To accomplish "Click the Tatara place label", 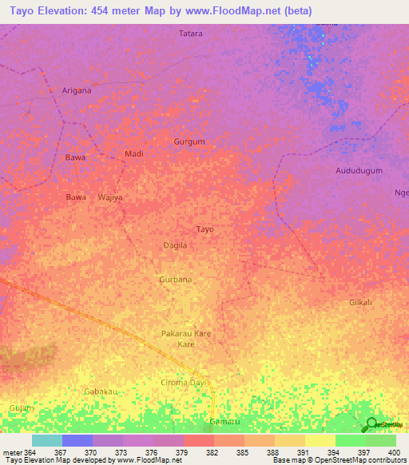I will pyautogui.click(x=191, y=34).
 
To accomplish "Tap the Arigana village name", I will pyautogui.click(x=77, y=90).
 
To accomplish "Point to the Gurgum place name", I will pyautogui.click(x=189, y=141).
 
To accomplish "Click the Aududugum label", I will pyautogui.click(x=359, y=171).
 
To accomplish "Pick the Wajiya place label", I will pyautogui.click(x=110, y=197).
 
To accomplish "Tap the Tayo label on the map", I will pyautogui.click(x=205, y=229).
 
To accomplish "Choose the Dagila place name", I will pyautogui.click(x=175, y=245).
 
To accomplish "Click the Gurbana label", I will pyautogui.click(x=176, y=280).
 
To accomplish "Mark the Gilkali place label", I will pyautogui.click(x=360, y=303).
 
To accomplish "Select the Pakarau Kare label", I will pyautogui.click(x=186, y=333).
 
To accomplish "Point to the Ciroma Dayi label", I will pyautogui.click(x=183, y=384).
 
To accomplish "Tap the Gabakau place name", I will pyautogui.click(x=101, y=391).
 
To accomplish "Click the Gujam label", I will pyautogui.click(x=22, y=408).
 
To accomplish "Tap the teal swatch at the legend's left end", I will pyautogui.click(x=46, y=440).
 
